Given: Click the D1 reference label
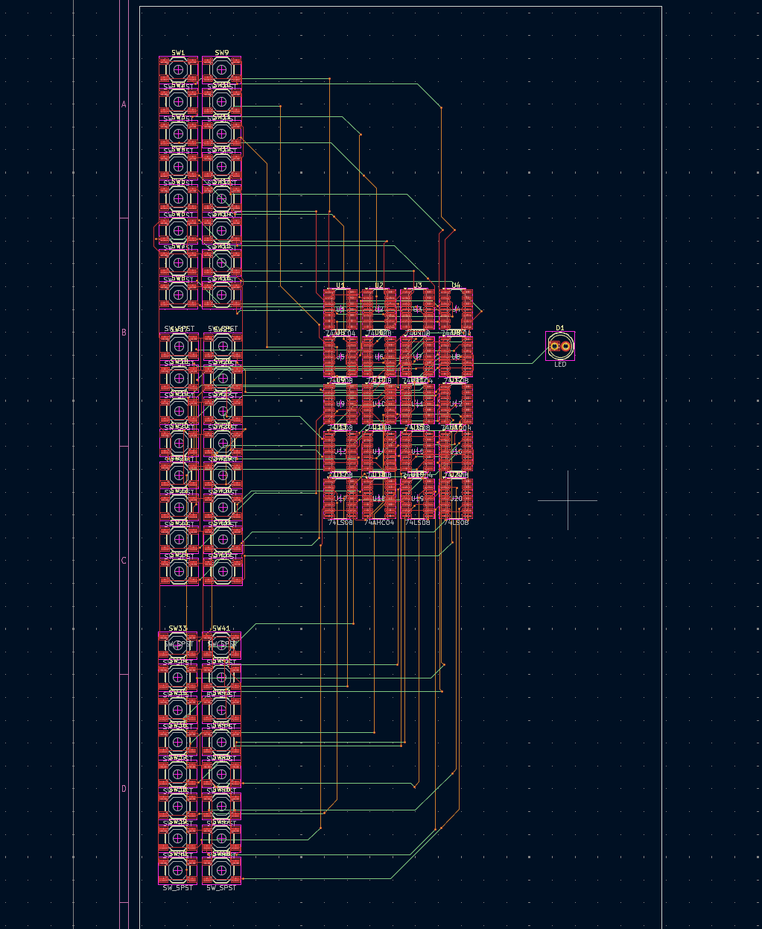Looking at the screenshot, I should (560, 327).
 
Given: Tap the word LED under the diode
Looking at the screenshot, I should (560, 365).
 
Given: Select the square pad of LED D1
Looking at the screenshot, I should (554, 346).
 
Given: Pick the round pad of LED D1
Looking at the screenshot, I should (565, 346).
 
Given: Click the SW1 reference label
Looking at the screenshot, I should (178, 53).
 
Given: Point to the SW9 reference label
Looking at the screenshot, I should (222, 53).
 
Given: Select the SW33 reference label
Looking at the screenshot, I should (178, 629).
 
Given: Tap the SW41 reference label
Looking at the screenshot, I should (221, 629).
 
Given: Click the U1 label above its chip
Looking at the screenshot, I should (340, 286).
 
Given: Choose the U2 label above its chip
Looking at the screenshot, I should (379, 286).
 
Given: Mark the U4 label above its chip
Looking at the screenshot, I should (456, 286).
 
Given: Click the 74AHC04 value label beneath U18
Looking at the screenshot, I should (379, 523).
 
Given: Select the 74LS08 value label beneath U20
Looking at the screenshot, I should (456, 523).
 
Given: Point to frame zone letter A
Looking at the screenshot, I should (124, 104).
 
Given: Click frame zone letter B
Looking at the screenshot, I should (124, 333).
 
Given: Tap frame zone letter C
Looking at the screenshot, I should (124, 561).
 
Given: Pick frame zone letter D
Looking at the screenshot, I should (124, 789).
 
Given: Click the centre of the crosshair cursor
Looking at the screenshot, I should (568, 500).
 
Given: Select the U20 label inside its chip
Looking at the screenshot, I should (457, 499).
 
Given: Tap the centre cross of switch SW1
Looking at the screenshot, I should (178, 69).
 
